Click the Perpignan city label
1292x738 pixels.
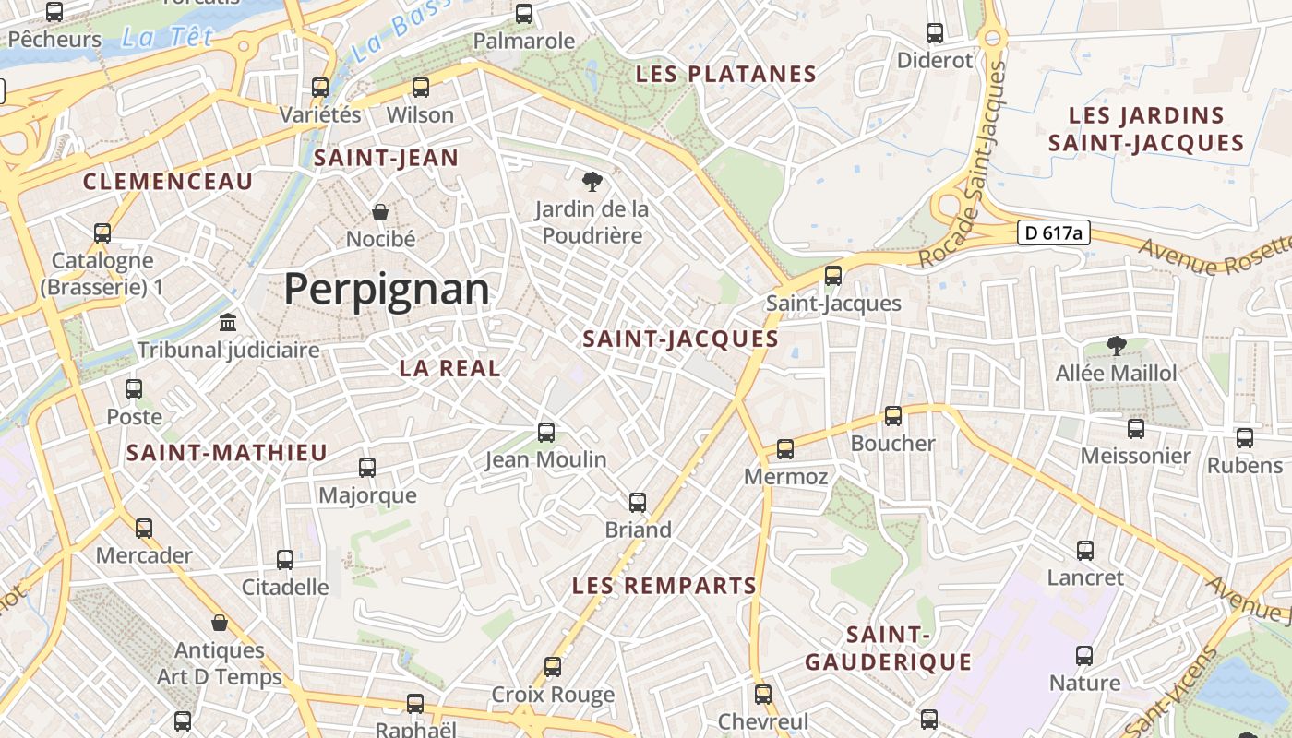[x=386, y=290]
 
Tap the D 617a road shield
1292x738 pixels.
[x=1053, y=232]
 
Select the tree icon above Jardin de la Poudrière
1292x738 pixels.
[x=592, y=181]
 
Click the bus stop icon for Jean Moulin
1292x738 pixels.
[x=546, y=432]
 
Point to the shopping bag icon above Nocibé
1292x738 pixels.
[x=379, y=212]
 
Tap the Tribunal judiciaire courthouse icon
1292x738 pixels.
[x=228, y=323]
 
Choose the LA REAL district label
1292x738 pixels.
[x=449, y=368]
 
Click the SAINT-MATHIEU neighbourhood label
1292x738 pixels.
[x=227, y=453]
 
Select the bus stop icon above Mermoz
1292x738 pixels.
[x=785, y=449]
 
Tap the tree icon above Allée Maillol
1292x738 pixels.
[x=1116, y=346]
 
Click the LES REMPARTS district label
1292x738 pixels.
[x=664, y=586]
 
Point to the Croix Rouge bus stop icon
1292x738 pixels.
[x=553, y=666]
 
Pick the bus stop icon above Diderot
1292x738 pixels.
[x=935, y=33]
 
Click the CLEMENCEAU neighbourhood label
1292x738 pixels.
[x=168, y=182]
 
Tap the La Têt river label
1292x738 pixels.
[x=167, y=38]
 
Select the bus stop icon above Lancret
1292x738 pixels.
[x=1085, y=551]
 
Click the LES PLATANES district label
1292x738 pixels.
[x=727, y=75]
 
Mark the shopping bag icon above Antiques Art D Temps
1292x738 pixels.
[x=220, y=623]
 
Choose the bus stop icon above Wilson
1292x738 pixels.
[x=421, y=88]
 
